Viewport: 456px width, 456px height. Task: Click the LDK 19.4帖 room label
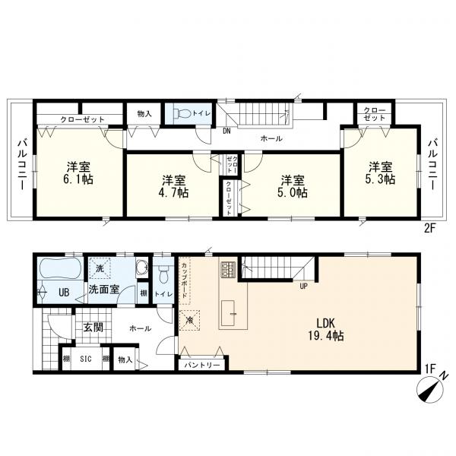326,330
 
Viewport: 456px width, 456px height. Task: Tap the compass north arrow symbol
431,390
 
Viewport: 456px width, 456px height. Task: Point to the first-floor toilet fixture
163,274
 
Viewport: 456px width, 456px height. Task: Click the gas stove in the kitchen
229,269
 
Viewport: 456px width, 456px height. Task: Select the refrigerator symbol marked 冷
189,320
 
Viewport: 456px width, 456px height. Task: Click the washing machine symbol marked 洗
100,268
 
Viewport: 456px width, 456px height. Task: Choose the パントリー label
202,365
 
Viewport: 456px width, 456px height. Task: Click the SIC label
86,359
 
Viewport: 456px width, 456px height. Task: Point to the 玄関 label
93,328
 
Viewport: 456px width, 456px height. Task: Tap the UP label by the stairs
303,287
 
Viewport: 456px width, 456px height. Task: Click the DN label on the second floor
226,131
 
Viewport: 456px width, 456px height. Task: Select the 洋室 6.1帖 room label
78,173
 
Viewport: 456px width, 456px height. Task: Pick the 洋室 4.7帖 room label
174,187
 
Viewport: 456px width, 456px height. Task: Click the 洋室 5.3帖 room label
381,173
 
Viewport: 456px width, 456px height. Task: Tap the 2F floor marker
430,229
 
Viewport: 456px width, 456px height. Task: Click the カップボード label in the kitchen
185,280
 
